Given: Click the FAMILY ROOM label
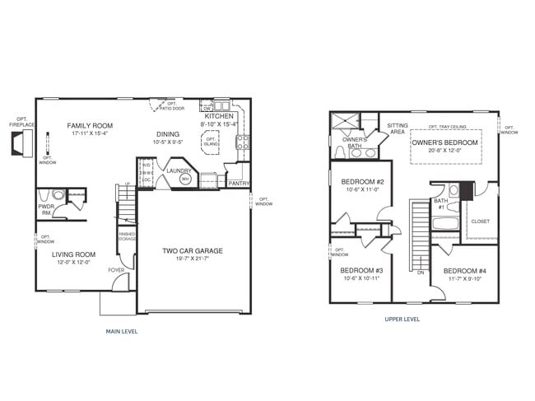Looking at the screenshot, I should pos(90,126).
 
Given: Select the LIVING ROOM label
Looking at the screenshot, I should pos(74,254).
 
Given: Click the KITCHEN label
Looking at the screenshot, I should pos(219,117).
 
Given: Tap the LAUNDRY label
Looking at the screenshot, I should pos(179,170).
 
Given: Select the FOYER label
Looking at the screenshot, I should pos(116,269).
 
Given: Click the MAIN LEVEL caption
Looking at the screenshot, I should pos(122,332).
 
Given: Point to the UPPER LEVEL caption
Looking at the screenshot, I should pos(402,319).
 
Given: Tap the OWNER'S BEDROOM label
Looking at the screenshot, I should pos(445,142).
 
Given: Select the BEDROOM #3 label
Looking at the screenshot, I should pos(361,270).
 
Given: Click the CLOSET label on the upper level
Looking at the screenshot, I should pos(480,221).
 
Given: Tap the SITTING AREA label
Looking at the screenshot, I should pos(397,128).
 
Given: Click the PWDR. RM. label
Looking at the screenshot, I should pos(46,210).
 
